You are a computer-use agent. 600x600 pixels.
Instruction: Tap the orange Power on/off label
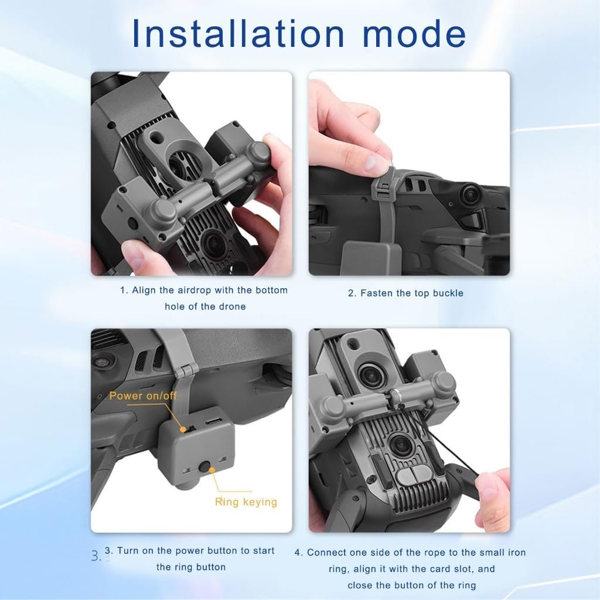143,396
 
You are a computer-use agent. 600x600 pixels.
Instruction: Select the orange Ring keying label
246,502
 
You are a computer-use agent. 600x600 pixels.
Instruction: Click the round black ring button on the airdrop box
204,467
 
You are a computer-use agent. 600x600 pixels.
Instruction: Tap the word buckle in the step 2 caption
448,293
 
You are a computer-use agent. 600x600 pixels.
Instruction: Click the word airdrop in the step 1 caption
193,291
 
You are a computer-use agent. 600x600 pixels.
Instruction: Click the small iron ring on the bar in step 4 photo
395,394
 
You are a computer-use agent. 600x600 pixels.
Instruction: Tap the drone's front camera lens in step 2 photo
469,195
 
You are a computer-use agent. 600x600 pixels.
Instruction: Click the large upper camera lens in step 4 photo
370,376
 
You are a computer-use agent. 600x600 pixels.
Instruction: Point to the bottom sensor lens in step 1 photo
212,244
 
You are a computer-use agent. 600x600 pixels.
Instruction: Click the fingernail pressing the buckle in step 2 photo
371,163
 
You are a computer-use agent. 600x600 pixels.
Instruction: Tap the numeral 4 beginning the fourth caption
298,553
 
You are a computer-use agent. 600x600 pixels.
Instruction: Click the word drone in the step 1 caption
232,306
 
